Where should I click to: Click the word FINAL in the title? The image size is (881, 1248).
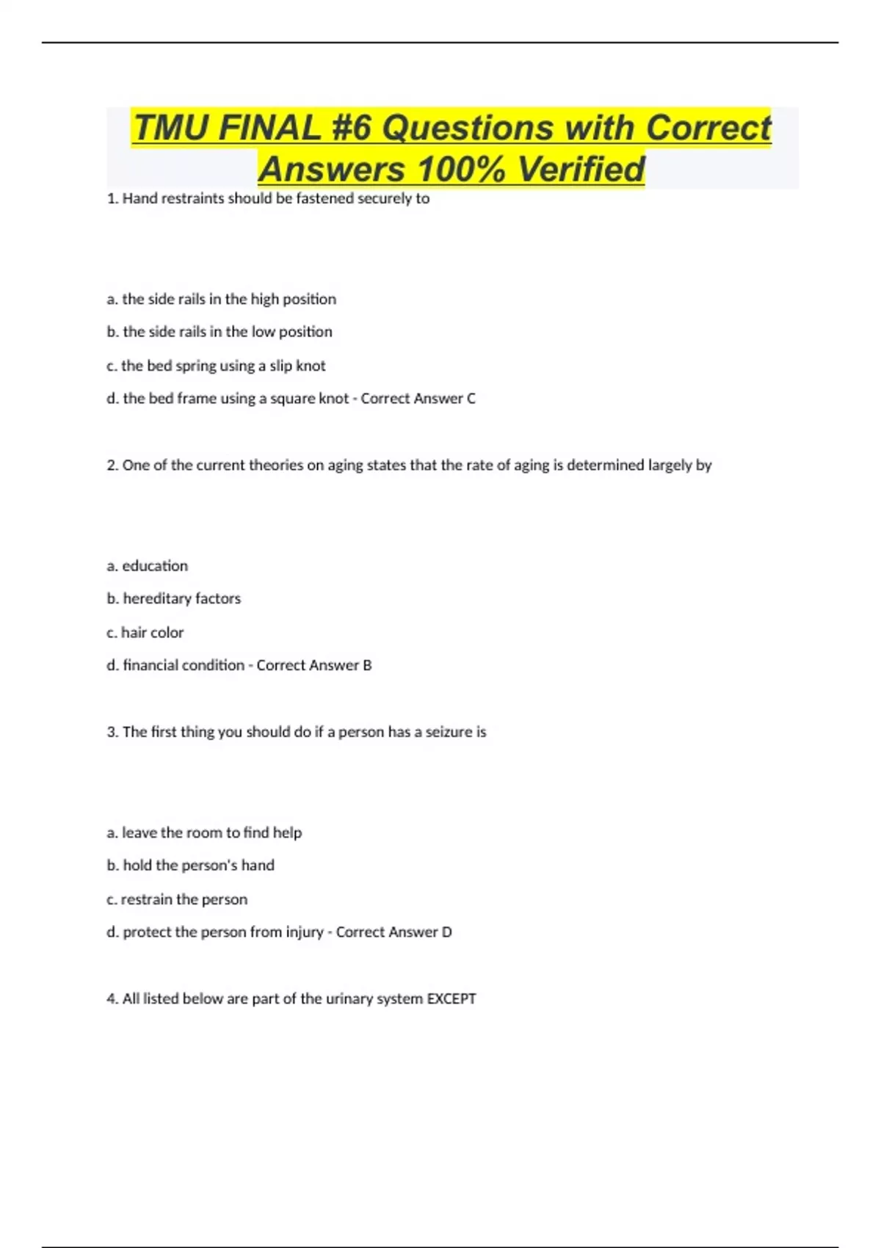pyautogui.click(x=269, y=128)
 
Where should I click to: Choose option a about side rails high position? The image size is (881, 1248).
pyautogui.click(x=221, y=299)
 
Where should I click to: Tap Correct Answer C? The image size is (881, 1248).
pyautogui.click(x=418, y=399)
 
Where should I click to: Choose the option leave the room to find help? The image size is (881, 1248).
pyautogui.click(x=204, y=832)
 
